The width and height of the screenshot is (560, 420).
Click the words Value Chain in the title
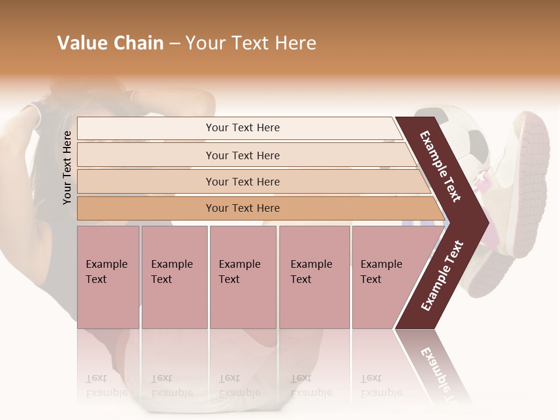[110, 43]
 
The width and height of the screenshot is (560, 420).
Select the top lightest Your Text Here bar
[243, 128]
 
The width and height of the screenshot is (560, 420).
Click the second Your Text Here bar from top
[243, 155]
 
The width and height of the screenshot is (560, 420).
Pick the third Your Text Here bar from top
[243, 181]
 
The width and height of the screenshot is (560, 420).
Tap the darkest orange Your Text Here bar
[243, 208]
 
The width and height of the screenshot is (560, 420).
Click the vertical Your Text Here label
[67, 167]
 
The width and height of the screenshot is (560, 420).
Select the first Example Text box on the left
[108, 276]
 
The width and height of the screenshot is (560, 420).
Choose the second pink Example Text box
[174, 276]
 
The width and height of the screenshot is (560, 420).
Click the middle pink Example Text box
[243, 276]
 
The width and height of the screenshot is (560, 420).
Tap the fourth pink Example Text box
[314, 276]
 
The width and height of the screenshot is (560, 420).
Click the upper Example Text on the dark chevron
[440, 166]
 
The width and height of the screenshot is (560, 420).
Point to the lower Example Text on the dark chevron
[442, 275]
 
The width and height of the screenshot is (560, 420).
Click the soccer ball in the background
[461, 134]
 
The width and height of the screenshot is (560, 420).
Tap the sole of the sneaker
[531, 187]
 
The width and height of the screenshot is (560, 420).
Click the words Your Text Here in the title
[251, 43]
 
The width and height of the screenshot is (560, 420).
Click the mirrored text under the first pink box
[106, 386]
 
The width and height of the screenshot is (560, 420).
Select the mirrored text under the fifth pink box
[381, 386]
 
